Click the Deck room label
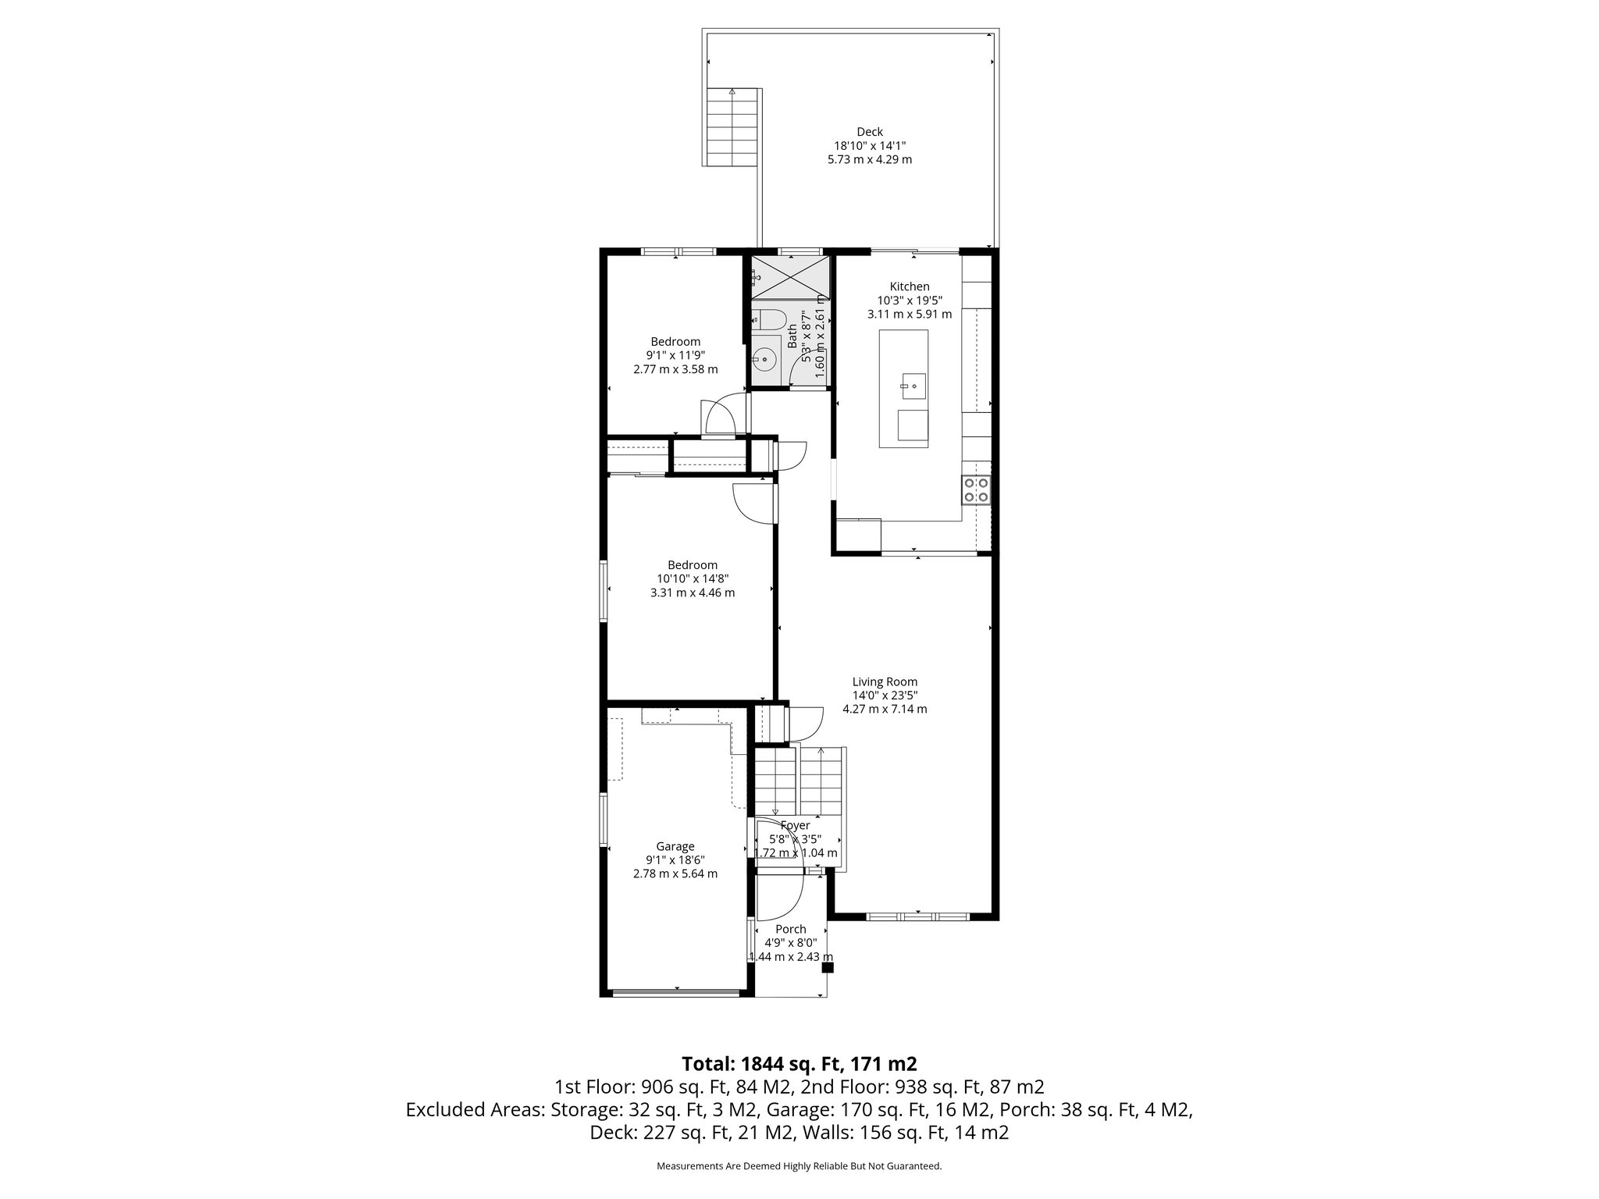pyautogui.click(x=869, y=132)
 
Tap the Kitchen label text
pyautogui.click(x=909, y=286)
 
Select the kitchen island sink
pyautogui.click(x=913, y=386)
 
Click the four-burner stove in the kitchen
pyautogui.click(x=976, y=489)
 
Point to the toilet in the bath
pyautogui.click(x=771, y=318)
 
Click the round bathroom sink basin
pyautogui.click(x=766, y=361)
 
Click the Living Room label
pyautogui.click(x=885, y=681)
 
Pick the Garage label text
pyautogui.click(x=675, y=846)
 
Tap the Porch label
pyautogui.click(x=790, y=929)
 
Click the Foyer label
pyautogui.click(x=795, y=825)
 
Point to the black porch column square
pyautogui.click(x=828, y=968)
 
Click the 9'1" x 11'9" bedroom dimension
pyautogui.click(x=675, y=355)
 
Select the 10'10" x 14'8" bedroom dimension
pyautogui.click(x=692, y=578)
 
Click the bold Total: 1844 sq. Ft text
pyautogui.click(x=799, y=1063)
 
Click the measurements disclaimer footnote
pyautogui.click(x=799, y=1166)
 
